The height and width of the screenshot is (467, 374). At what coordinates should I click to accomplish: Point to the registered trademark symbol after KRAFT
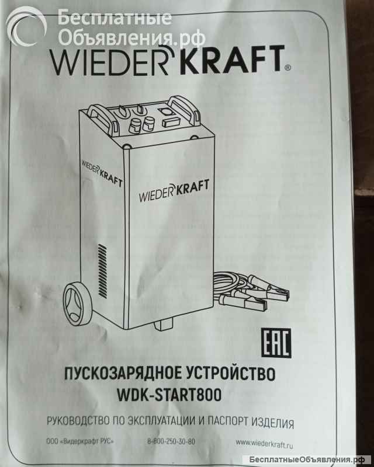point(287,68)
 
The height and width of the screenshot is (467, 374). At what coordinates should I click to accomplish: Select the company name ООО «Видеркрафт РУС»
point(80,441)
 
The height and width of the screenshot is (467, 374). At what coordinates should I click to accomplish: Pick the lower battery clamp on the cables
point(249,303)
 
